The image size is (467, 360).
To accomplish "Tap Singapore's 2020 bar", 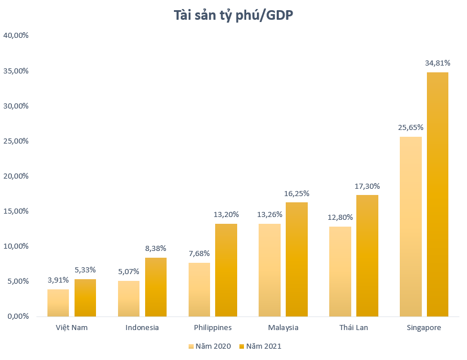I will click(410, 226).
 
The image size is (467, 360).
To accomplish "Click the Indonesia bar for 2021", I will click(156, 287).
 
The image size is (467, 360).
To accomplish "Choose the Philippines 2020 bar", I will click(199, 289).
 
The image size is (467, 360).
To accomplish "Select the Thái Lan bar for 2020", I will click(340, 271).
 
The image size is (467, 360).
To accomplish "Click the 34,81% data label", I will click(437, 63).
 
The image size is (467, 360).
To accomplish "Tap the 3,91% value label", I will click(58, 280).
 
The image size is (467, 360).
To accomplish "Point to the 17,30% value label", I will click(367, 185).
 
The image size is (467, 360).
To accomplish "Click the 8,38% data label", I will click(156, 248).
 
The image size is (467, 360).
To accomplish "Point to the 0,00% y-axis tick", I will click(18, 316).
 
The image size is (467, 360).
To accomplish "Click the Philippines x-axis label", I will click(212, 327).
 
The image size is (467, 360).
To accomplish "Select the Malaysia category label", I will click(283, 327).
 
